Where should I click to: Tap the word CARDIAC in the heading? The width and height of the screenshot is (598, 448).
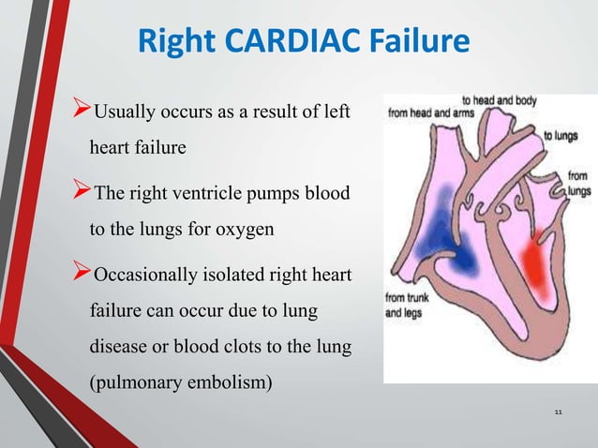280,43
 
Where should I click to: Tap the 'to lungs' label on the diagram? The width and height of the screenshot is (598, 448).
561,135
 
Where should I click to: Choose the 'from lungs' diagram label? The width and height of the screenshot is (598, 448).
577,182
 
